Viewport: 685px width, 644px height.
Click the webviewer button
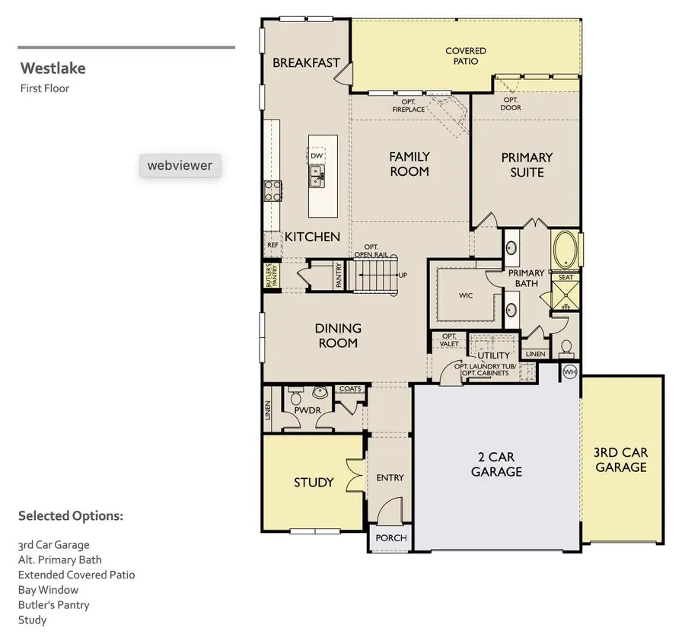[x=180, y=165]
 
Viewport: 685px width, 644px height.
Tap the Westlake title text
[x=53, y=69]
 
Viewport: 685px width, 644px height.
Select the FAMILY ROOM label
[x=409, y=164]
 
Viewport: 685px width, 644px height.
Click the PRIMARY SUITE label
[x=527, y=164]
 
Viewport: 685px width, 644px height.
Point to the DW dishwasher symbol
[x=317, y=156]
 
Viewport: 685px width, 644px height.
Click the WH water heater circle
[x=570, y=372]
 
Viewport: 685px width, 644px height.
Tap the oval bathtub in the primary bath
[x=565, y=250]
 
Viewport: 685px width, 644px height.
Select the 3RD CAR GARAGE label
[x=621, y=460]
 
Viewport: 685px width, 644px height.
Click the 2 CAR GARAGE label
[x=496, y=464]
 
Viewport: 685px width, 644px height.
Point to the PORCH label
[x=391, y=537]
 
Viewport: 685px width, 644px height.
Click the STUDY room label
[x=314, y=482]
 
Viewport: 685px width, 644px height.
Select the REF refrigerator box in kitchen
[x=272, y=245]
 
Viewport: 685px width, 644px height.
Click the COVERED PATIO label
[x=466, y=56]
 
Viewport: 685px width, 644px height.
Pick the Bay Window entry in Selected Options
[x=48, y=589]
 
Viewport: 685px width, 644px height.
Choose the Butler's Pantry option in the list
[x=53, y=604]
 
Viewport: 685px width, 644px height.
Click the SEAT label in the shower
[x=566, y=277]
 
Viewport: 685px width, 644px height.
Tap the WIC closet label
[x=466, y=295]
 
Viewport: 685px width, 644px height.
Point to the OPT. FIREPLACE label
[x=409, y=105]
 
